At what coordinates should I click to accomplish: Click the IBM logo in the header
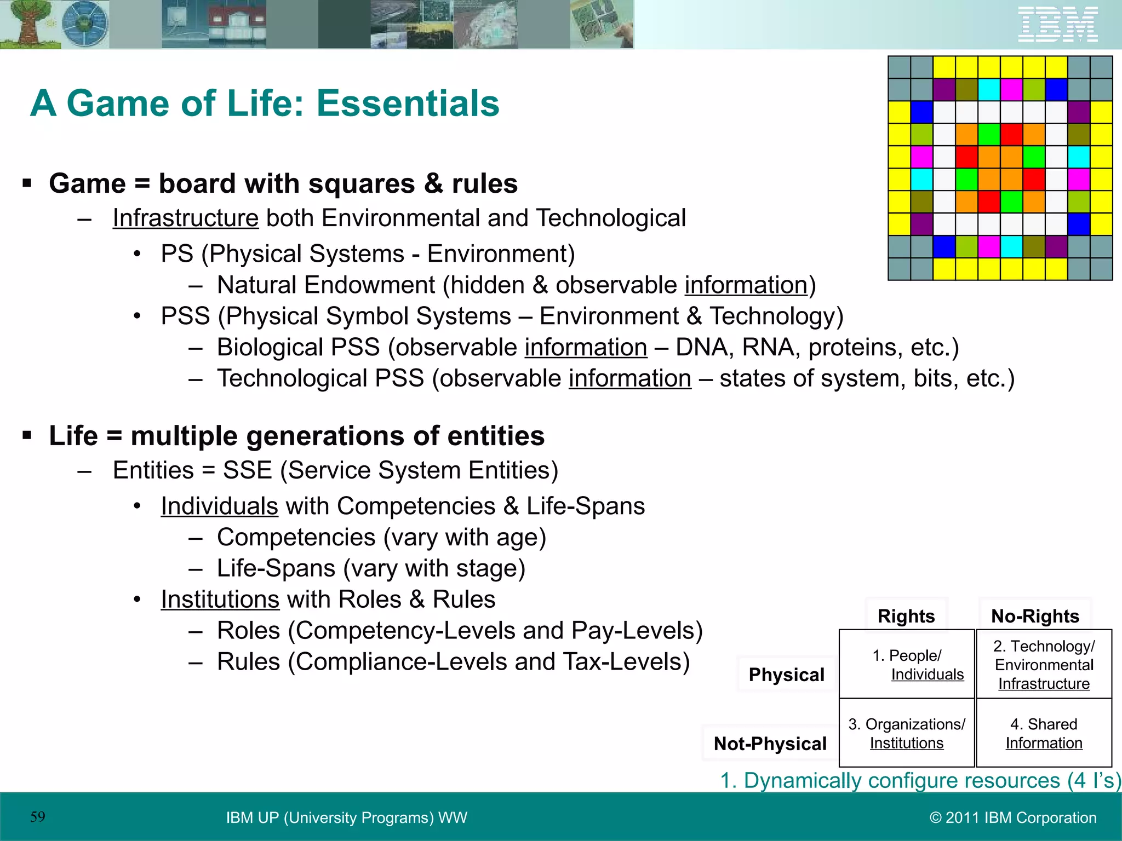(x=1057, y=25)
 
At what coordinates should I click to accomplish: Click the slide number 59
(x=38, y=817)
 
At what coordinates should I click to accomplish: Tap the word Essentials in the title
(x=408, y=103)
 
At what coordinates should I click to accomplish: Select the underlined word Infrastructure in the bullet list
(x=185, y=218)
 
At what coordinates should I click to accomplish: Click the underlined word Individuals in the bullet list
(x=219, y=506)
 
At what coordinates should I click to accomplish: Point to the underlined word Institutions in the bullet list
(x=220, y=599)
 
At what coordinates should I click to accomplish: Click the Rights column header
(x=906, y=616)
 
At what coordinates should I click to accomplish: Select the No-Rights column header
(x=1035, y=616)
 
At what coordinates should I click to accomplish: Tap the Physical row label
(x=786, y=675)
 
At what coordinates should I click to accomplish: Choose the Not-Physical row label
(x=770, y=744)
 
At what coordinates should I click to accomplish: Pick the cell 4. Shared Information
(x=1044, y=733)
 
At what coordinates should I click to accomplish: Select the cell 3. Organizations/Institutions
(x=907, y=733)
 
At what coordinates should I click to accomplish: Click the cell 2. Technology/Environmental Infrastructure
(x=1044, y=665)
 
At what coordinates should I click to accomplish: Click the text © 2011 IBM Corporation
(x=1013, y=817)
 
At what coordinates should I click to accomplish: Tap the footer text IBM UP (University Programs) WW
(x=346, y=817)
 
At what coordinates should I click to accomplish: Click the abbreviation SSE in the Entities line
(x=247, y=470)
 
